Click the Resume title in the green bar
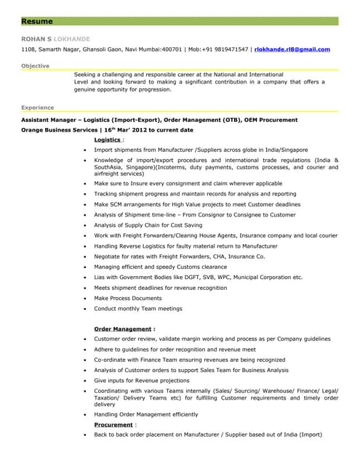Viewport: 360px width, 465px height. tap(37, 21)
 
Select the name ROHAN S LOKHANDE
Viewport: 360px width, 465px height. tap(55, 38)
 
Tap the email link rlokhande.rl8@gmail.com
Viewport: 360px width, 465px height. tap(292, 49)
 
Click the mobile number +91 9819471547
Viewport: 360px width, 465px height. tap(219, 49)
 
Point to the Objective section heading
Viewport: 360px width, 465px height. tap(36, 66)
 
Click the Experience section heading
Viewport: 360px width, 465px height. tap(38, 107)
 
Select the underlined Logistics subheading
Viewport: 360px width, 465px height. tap(108, 139)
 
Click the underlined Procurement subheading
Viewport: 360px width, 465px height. tap(113, 424)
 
